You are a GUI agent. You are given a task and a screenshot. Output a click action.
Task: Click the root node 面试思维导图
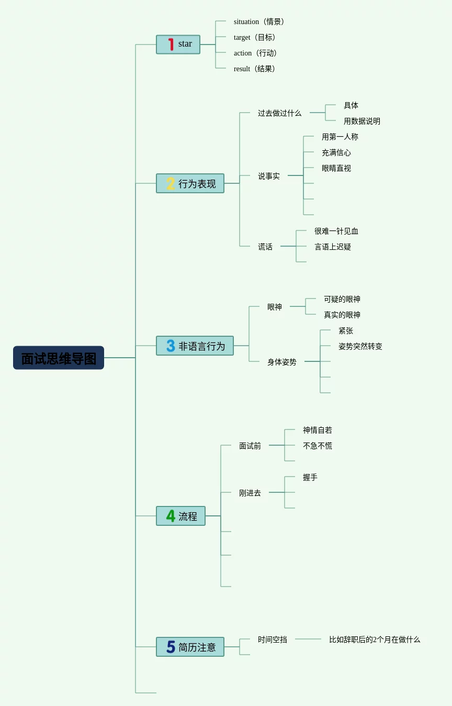point(59,358)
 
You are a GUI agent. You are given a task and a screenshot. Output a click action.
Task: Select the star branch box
point(178,45)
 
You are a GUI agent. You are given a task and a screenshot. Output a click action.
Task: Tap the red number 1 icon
point(171,45)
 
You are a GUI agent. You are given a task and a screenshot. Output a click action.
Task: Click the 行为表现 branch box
point(190,183)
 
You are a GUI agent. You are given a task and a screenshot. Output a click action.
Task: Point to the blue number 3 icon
point(171,346)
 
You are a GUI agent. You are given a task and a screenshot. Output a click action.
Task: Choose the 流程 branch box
point(181,516)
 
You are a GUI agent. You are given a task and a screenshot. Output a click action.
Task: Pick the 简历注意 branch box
point(190,647)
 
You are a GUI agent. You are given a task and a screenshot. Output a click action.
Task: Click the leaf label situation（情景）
point(259,21)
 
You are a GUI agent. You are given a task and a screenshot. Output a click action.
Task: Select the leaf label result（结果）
point(255,69)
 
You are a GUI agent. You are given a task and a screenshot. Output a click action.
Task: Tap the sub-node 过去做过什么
point(279,113)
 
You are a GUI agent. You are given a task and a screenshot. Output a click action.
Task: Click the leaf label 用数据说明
point(362,121)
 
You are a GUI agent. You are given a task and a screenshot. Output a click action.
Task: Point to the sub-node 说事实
point(269,176)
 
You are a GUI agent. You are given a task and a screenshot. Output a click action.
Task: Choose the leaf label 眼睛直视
point(336,168)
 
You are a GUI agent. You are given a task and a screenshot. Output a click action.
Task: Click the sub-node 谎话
point(265,247)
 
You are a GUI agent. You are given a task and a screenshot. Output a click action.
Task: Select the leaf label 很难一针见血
point(336,231)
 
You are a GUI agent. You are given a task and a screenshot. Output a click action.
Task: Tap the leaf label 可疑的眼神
point(342,299)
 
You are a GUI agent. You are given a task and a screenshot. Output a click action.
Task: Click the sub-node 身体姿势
point(282,362)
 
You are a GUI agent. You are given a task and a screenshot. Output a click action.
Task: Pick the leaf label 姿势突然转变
point(360,346)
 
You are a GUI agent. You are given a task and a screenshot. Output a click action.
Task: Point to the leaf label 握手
point(310,477)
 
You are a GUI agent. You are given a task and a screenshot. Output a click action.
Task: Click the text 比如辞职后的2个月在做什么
point(375,639)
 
